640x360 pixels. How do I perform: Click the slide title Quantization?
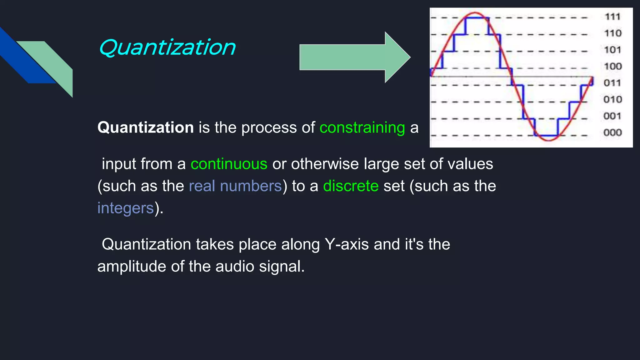tap(167, 47)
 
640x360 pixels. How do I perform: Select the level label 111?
tap(612, 17)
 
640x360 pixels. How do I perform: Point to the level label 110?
tap(612, 33)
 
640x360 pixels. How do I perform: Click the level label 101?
tap(612, 50)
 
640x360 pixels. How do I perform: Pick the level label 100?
tap(612, 66)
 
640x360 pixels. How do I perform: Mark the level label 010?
tap(612, 99)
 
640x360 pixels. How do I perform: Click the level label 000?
tap(612, 132)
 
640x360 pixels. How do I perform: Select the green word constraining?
tap(362, 128)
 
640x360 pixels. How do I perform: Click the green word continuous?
tap(229, 164)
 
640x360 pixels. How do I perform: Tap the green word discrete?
tap(351, 186)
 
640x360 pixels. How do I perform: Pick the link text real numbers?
tap(235, 186)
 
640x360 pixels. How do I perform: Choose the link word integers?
tap(126, 208)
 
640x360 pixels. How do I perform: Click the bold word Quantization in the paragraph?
tap(145, 127)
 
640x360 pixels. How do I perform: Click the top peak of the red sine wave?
tap(475, 13)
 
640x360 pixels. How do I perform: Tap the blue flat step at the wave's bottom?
tap(546, 136)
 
